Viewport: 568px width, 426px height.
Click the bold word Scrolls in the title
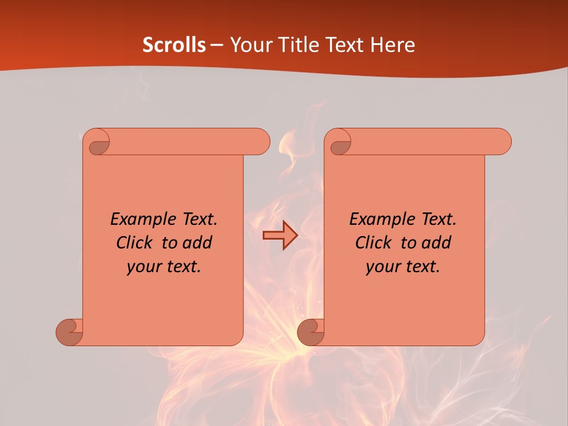point(174,45)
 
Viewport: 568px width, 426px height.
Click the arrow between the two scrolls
point(280,235)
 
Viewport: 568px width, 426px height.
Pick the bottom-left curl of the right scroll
point(311,332)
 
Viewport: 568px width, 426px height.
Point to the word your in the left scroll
point(144,266)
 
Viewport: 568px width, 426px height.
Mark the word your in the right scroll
point(383,266)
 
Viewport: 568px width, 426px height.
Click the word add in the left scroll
point(198,243)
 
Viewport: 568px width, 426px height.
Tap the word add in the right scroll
point(437,243)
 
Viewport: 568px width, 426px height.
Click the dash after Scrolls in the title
point(217,45)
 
